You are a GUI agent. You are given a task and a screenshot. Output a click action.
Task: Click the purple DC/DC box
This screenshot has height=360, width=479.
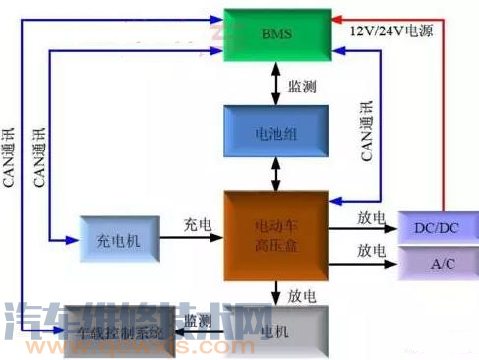click(436, 228)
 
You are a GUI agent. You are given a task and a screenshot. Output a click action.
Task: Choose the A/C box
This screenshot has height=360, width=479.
click(436, 264)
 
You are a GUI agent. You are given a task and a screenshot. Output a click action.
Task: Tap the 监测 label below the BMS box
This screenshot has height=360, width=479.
click(301, 87)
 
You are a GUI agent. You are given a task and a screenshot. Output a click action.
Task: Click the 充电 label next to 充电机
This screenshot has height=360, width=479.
click(197, 225)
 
